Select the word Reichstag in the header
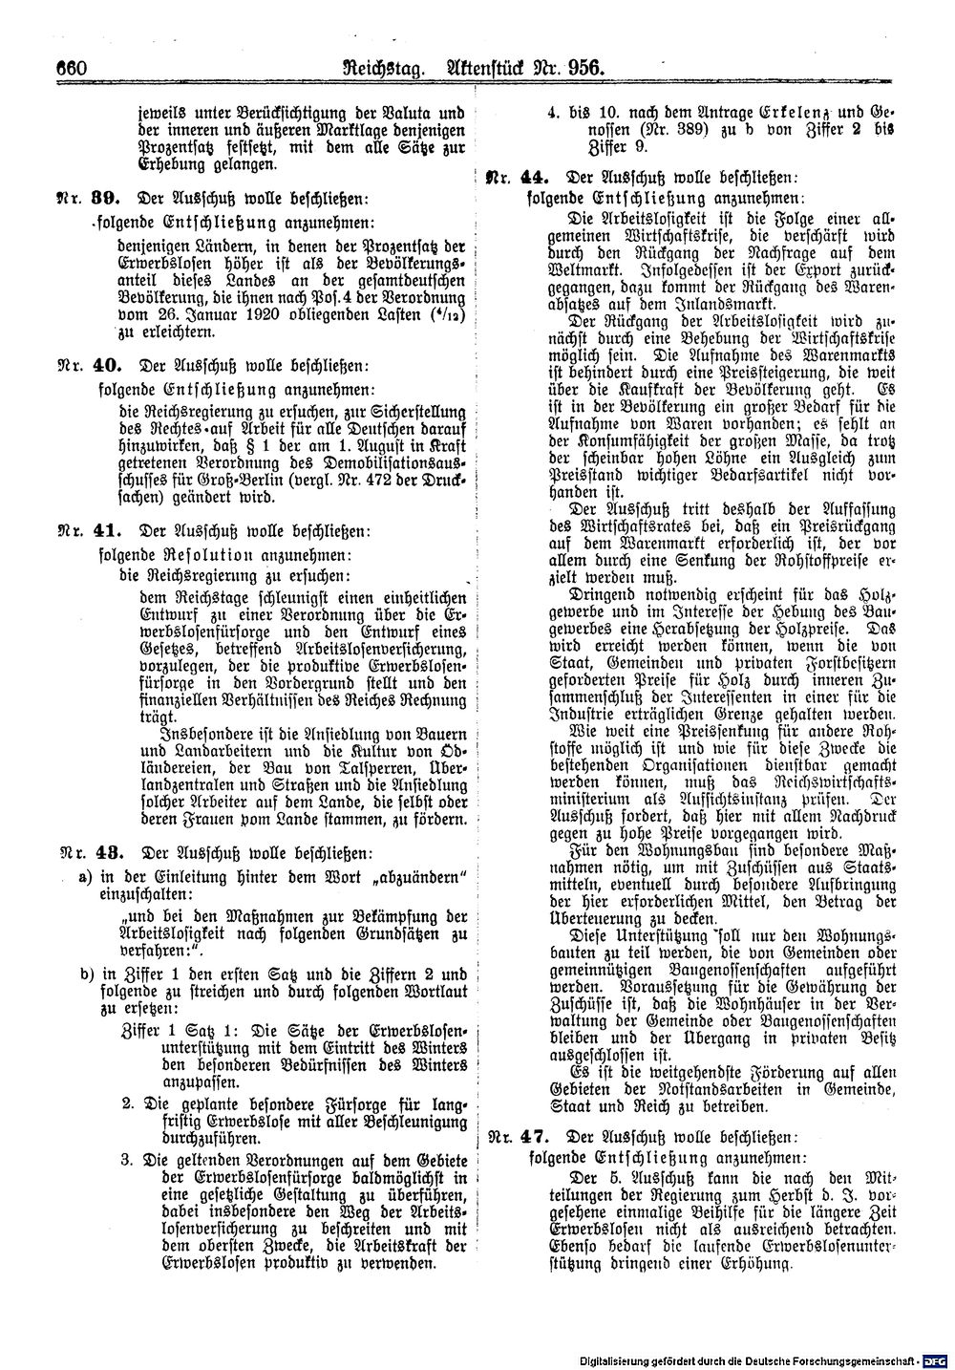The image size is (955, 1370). click(x=377, y=69)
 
